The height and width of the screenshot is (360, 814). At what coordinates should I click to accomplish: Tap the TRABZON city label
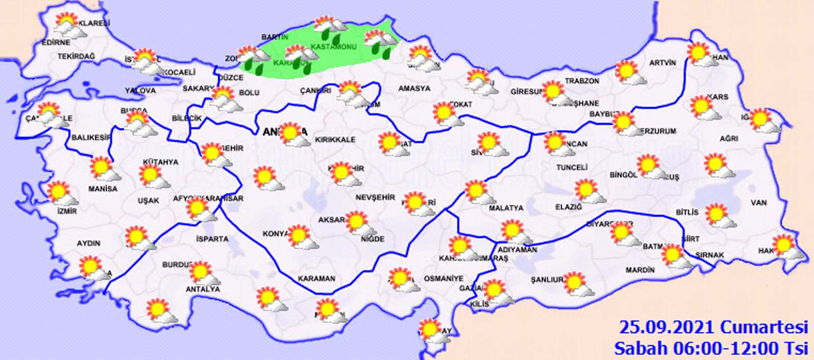pos(582,81)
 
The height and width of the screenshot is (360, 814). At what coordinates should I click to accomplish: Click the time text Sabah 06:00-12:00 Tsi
pos(711,348)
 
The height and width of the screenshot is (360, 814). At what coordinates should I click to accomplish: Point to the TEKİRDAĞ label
pos(76,56)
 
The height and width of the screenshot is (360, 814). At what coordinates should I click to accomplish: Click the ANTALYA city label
pos(202,289)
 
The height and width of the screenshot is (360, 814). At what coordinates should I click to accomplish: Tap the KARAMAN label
pos(316,278)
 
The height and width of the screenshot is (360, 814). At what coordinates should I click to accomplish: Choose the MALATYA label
pos(506,208)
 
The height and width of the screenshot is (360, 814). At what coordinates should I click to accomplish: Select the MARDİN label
pos(640,270)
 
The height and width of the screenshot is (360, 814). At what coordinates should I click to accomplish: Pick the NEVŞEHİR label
pos(375,197)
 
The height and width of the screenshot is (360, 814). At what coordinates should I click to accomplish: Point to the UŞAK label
pos(148,201)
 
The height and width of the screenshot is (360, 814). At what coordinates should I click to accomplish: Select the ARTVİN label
pos(662,63)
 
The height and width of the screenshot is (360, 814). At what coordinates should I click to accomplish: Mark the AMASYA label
pos(414,88)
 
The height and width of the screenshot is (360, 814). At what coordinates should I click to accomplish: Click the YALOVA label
pos(140,91)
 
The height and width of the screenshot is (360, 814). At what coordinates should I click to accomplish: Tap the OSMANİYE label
pos(443,279)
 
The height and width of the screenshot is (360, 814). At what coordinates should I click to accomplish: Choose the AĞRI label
pos(729,138)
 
